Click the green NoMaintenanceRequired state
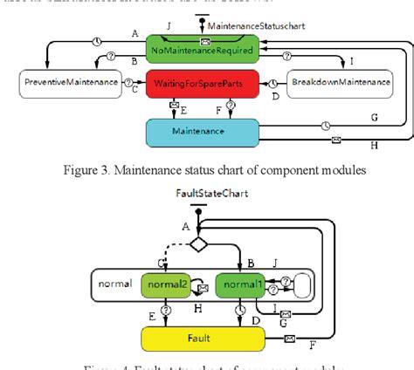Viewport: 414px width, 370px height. tap(203, 51)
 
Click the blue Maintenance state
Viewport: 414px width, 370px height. tap(202, 131)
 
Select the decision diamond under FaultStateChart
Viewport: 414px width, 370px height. tap(200, 244)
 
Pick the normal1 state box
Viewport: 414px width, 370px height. tap(238, 284)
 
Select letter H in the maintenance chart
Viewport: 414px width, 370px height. tap(373, 145)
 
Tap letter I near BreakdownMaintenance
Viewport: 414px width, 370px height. tap(350, 63)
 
